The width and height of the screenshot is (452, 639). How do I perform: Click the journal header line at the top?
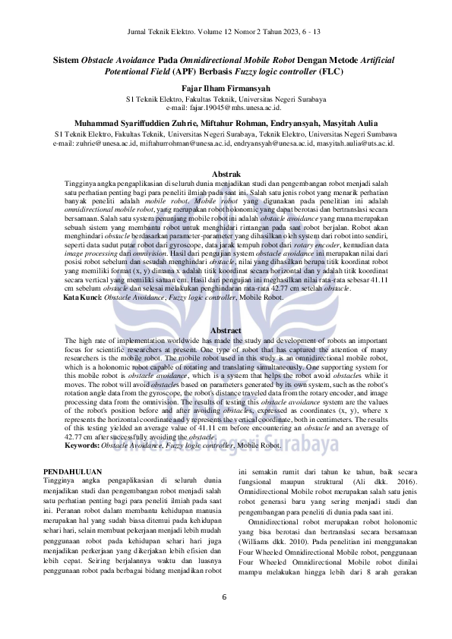[x=226, y=32]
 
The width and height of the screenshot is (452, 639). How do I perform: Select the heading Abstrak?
[x=226, y=175]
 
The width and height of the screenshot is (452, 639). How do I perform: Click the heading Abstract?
[x=226, y=331]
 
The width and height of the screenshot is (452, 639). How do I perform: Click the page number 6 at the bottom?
[x=225, y=597]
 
